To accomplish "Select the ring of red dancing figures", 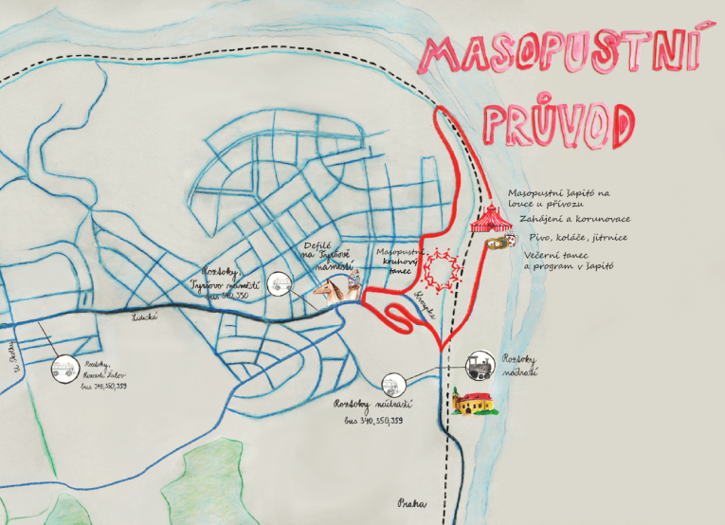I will [x=442, y=268].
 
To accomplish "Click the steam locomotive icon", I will [x=481, y=364].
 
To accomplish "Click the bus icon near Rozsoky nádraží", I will [x=392, y=386].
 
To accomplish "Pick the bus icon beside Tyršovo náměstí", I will [x=281, y=282].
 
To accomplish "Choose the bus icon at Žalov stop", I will [x=63, y=369].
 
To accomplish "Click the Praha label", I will [x=408, y=504].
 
